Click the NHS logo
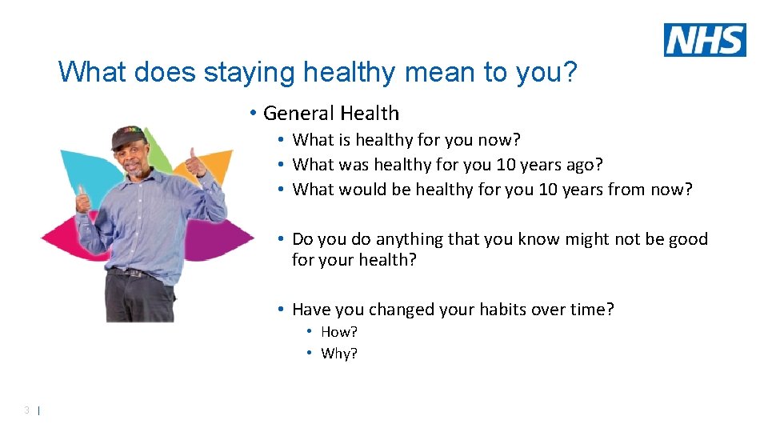(704, 40)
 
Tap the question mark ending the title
(569, 72)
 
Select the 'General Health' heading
(330, 114)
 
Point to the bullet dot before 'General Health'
(252, 114)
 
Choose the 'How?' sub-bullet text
(338, 332)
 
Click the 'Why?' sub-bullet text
(339, 354)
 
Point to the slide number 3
(27, 410)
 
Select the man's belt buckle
(142, 274)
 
